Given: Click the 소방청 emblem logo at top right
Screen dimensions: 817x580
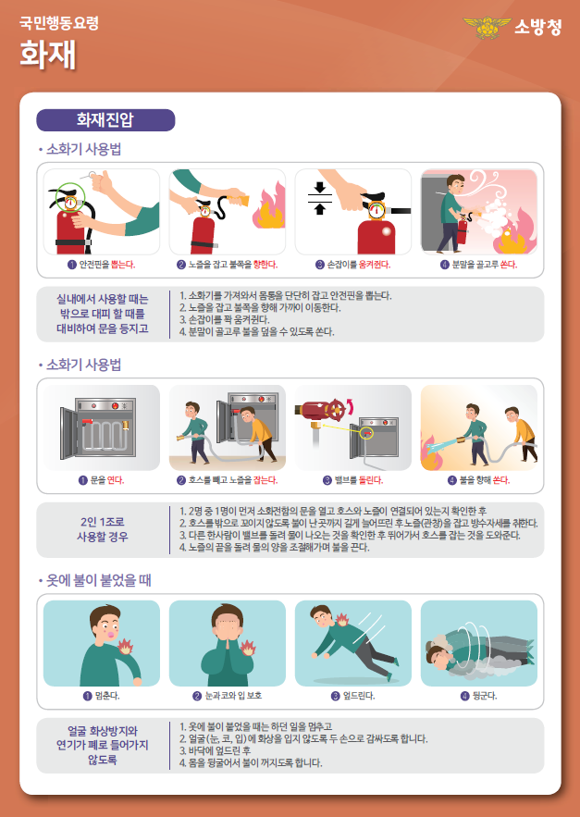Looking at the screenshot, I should pos(492,28).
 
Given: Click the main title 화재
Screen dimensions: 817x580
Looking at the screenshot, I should pos(43,53).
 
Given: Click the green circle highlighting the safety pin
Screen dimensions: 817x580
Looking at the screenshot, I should pos(70,196).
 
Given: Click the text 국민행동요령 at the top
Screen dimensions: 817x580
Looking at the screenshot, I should pos(59,20).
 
